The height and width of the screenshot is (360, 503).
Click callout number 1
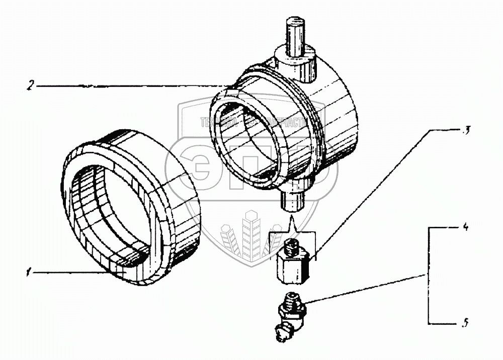pyautogui.click(x=31, y=273)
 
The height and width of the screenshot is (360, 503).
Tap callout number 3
pyautogui.click(x=467, y=131)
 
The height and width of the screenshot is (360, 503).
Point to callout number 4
pyautogui.click(x=466, y=228)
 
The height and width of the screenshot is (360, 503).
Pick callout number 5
pyautogui.click(x=466, y=323)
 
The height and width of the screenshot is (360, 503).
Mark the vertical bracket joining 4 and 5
pyautogui.click(x=428, y=276)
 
